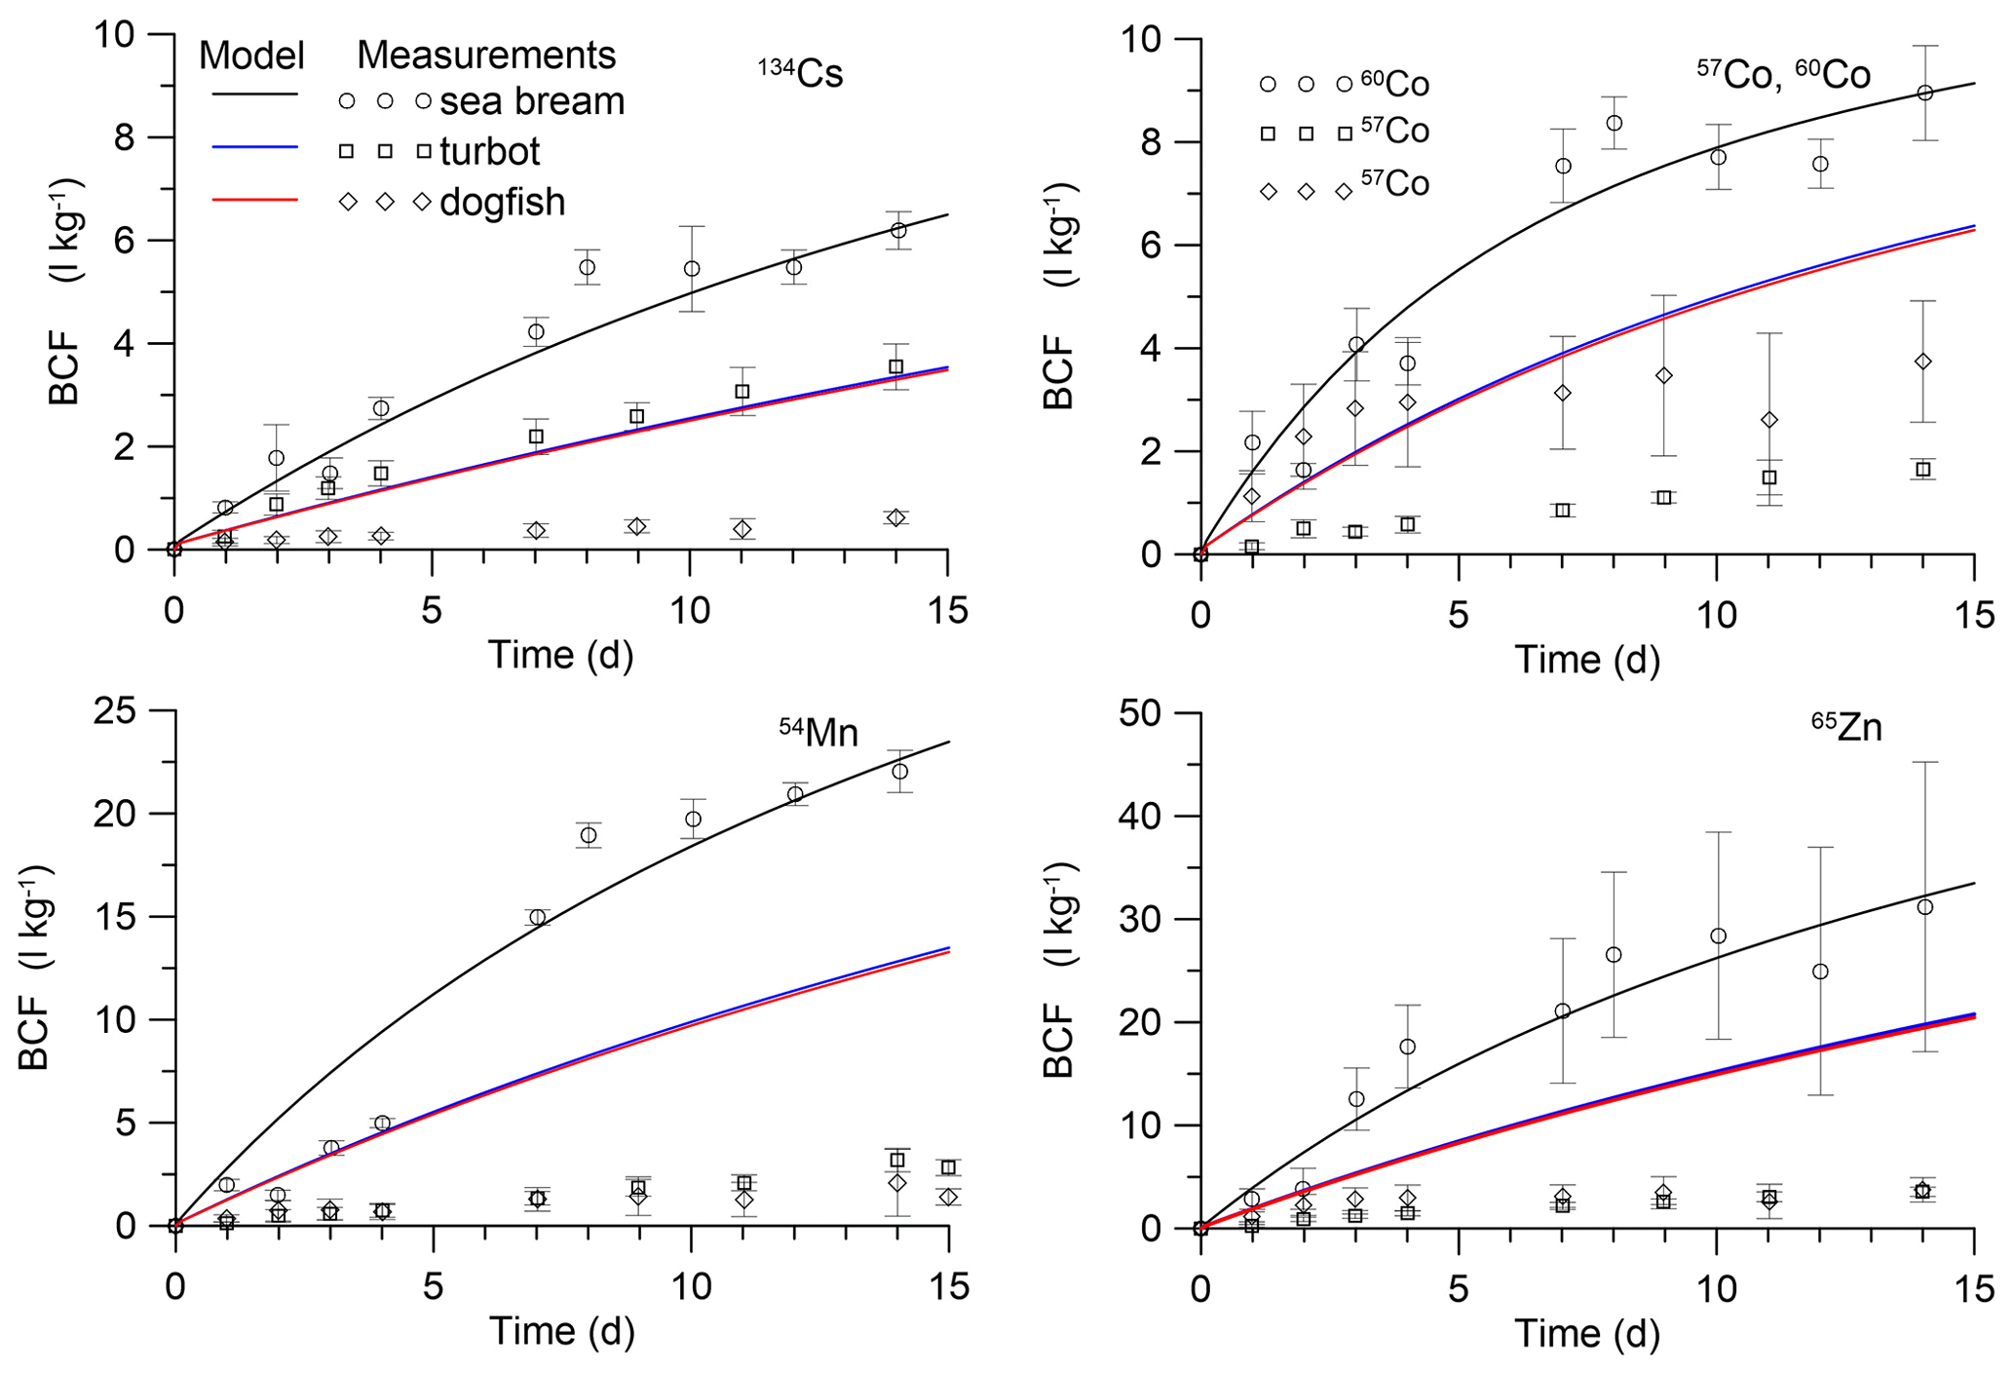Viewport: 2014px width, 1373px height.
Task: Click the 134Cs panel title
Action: coord(800,74)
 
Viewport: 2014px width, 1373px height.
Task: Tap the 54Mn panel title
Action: coord(817,731)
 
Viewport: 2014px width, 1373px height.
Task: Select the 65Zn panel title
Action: coord(1845,727)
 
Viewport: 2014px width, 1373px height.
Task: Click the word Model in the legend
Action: coord(251,56)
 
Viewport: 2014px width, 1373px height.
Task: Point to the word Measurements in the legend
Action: coord(486,56)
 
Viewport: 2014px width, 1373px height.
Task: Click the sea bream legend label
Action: coord(532,101)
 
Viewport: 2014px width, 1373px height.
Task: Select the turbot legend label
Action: coord(489,151)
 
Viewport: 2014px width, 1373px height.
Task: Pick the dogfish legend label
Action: coord(502,202)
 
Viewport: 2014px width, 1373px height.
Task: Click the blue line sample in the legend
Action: coord(254,147)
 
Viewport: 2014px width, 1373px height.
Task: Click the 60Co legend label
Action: coord(1394,85)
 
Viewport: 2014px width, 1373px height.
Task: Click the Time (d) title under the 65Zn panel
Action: coord(1586,1333)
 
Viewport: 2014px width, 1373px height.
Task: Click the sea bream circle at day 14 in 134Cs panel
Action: coord(898,230)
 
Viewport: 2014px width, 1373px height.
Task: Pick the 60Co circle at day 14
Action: coord(1924,93)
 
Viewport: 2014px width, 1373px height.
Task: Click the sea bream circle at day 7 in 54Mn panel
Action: coord(537,917)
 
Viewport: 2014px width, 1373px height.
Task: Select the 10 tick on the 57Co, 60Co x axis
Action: coord(1717,616)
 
